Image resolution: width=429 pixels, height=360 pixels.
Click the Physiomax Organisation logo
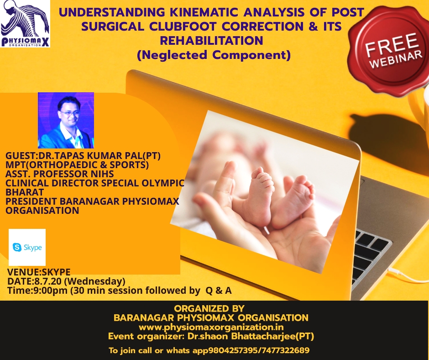[25, 24]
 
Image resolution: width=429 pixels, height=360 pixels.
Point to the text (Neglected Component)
[214, 55]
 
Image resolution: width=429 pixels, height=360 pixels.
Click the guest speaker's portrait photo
[66, 120]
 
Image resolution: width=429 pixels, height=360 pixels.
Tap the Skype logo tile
[27, 248]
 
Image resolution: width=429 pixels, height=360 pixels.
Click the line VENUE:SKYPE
[39, 272]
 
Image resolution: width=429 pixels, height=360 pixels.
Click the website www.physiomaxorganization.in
[211, 328]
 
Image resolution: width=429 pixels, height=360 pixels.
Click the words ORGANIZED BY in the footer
[209, 308]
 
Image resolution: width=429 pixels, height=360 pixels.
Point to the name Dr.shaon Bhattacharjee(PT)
[251, 336]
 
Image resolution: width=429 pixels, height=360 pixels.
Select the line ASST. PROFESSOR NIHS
[60, 174]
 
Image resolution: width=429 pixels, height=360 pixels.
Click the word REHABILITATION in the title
[211, 41]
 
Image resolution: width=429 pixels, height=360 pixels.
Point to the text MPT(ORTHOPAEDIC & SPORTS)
[77, 165]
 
